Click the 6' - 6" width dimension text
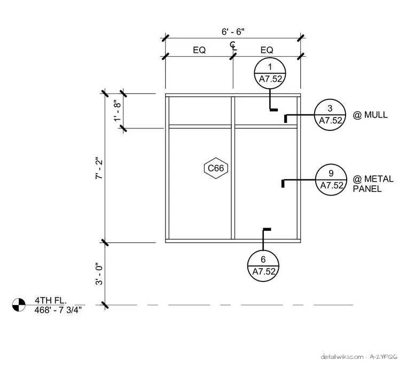coord(233,32)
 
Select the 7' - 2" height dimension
coord(99,168)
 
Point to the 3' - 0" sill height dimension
coord(99,275)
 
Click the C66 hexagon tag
coord(216,168)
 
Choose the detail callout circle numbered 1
coord(270,73)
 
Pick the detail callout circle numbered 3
coord(330,115)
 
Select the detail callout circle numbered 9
coord(331,179)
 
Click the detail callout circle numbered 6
coord(263,266)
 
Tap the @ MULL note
coord(370,115)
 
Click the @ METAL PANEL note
coord(373,184)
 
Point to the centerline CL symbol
coord(233,46)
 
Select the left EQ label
coord(199,50)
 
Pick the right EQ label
coord(267,50)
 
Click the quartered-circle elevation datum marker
coord(19,304)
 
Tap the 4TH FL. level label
coord(51,300)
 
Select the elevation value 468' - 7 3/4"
coord(58,310)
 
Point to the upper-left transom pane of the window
coord(200,111)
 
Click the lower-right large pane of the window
coord(266,184)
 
